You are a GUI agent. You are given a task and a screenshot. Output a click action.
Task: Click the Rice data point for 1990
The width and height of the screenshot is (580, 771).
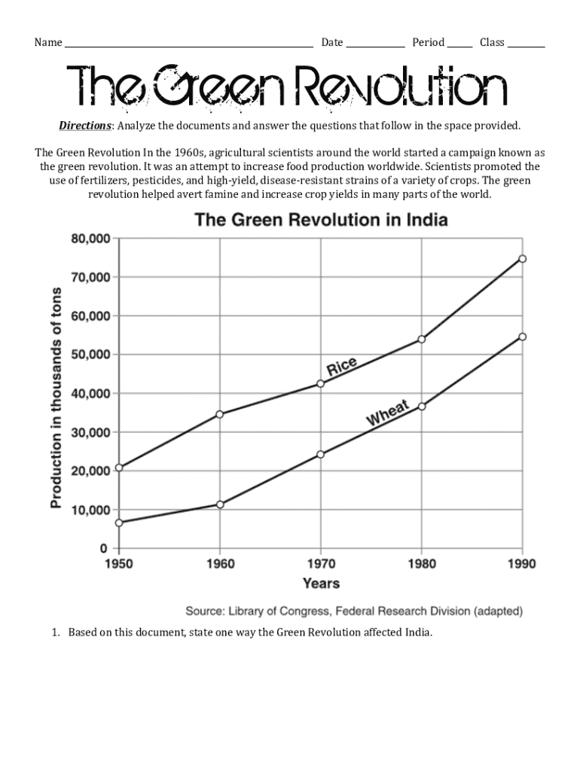(x=522, y=259)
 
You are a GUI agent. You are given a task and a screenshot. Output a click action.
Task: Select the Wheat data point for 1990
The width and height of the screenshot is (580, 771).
(x=522, y=337)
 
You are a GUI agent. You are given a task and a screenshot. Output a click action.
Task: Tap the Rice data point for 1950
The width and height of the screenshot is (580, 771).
(x=119, y=468)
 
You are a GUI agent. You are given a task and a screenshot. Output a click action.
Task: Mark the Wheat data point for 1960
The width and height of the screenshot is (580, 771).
(x=220, y=504)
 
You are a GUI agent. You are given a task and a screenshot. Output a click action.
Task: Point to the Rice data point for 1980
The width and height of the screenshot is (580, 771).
(x=421, y=340)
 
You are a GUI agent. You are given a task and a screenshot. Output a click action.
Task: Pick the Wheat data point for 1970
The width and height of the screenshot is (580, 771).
(x=321, y=455)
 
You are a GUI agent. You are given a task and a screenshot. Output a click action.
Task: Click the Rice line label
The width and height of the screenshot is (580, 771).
(x=341, y=367)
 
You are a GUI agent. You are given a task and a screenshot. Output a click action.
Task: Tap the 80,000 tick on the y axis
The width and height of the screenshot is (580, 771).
(x=90, y=239)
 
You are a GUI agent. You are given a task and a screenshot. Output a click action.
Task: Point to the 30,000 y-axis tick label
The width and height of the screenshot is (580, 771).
(x=90, y=432)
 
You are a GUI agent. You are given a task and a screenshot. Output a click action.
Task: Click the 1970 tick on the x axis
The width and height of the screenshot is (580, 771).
(x=321, y=564)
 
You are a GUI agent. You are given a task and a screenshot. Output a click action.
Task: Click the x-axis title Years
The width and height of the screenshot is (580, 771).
(x=321, y=584)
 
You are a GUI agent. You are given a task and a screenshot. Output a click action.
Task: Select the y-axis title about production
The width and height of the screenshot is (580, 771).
(x=56, y=394)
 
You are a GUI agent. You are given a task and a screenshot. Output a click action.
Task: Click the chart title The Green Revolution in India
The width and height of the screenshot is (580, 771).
(x=322, y=221)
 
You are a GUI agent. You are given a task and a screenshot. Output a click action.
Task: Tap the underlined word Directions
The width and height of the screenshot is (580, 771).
(x=85, y=124)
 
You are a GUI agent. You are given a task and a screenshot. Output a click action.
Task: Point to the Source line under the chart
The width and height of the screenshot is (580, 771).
(x=354, y=611)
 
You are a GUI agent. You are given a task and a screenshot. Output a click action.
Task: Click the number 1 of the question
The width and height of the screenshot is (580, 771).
(x=55, y=632)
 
